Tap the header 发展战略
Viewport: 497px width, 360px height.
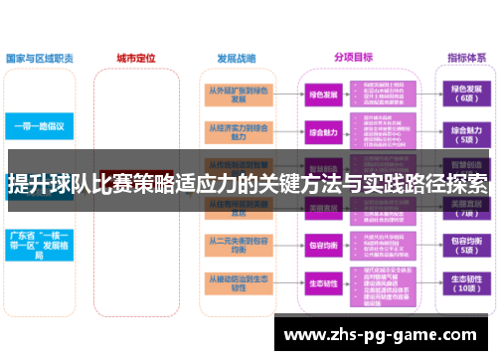pos(235,58)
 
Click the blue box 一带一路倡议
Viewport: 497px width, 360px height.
pos(39,126)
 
